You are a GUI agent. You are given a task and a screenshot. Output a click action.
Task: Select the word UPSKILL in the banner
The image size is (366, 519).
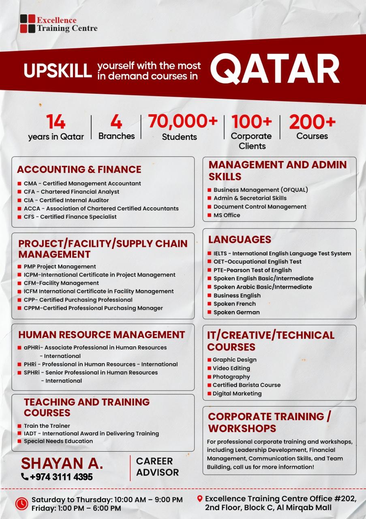pyautogui.click(x=58, y=71)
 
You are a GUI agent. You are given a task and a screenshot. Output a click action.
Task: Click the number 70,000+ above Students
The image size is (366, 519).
pyautogui.click(x=183, y=122)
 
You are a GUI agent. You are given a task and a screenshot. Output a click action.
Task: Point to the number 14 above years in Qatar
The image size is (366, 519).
pyautogui.click(x=56, y=122)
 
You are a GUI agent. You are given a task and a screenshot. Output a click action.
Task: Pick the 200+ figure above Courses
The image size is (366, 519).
pyautogui.click(x=312, y=122)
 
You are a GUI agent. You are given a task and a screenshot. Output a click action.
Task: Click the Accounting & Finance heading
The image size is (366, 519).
pyautogui.click(x=79, y=169)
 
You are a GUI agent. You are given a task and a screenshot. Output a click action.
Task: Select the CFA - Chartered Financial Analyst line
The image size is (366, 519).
pyautogui.click(x=71, y=192)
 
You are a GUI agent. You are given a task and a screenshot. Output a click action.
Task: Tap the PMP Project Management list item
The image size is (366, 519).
pyautogui.click(x=60, y=267)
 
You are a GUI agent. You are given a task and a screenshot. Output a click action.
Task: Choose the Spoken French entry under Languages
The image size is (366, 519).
pyautogui.click(x=234, y=304)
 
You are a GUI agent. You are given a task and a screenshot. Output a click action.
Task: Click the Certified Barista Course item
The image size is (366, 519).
pyautogui.click(x=246, y=385)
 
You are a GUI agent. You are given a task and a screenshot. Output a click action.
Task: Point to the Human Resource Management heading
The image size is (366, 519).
pyautogui.click(x=101, y=335)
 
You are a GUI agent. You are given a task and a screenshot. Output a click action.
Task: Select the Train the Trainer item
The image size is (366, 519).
pyautogui.click(x=47, y=426)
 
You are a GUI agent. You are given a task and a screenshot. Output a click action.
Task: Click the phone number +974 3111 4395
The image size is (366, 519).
pyautogui.click(x=61, y=477)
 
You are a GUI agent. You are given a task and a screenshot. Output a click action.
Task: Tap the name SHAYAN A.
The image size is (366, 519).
pyautogui.click(x=62, y=463)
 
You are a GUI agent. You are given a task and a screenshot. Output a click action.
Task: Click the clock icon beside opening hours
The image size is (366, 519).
pyautogui.click(x=21, y=503)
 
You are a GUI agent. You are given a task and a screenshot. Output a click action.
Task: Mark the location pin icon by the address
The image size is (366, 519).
pyautogui.click(x=199, y=499)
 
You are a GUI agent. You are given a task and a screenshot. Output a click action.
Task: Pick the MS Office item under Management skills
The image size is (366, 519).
pyautogui.click(x=227, y=215)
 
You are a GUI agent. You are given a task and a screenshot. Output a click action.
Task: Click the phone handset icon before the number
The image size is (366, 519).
pyautogui.click(x=25, y=477)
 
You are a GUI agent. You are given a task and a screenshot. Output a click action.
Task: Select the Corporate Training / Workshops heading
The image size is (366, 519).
pyautogui.click(x=269, y=422)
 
